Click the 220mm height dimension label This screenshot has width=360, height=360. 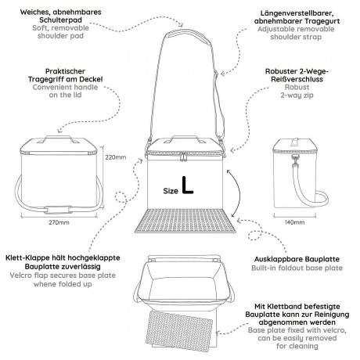(116, 157)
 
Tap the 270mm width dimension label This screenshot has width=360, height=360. (59, 222)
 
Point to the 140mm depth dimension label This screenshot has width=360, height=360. (294, 222)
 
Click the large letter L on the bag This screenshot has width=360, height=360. (187, 185)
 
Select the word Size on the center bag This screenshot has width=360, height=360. (171, 191)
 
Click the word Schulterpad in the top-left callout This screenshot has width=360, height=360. (60, 20)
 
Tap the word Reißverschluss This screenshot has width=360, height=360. (297, 79)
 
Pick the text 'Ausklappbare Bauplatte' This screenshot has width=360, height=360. (297, 259)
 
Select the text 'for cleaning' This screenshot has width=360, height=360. (297, 346)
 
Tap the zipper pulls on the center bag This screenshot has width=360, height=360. (184, 157)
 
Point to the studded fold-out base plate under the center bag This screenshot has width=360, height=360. (185, 221)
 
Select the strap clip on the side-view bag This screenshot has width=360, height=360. (295, 160)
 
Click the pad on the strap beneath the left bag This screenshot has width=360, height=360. (58, 210)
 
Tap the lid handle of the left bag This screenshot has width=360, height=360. (59, 139)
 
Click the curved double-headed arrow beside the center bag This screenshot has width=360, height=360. (237, 193)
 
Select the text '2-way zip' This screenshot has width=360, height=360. (297, 95)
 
